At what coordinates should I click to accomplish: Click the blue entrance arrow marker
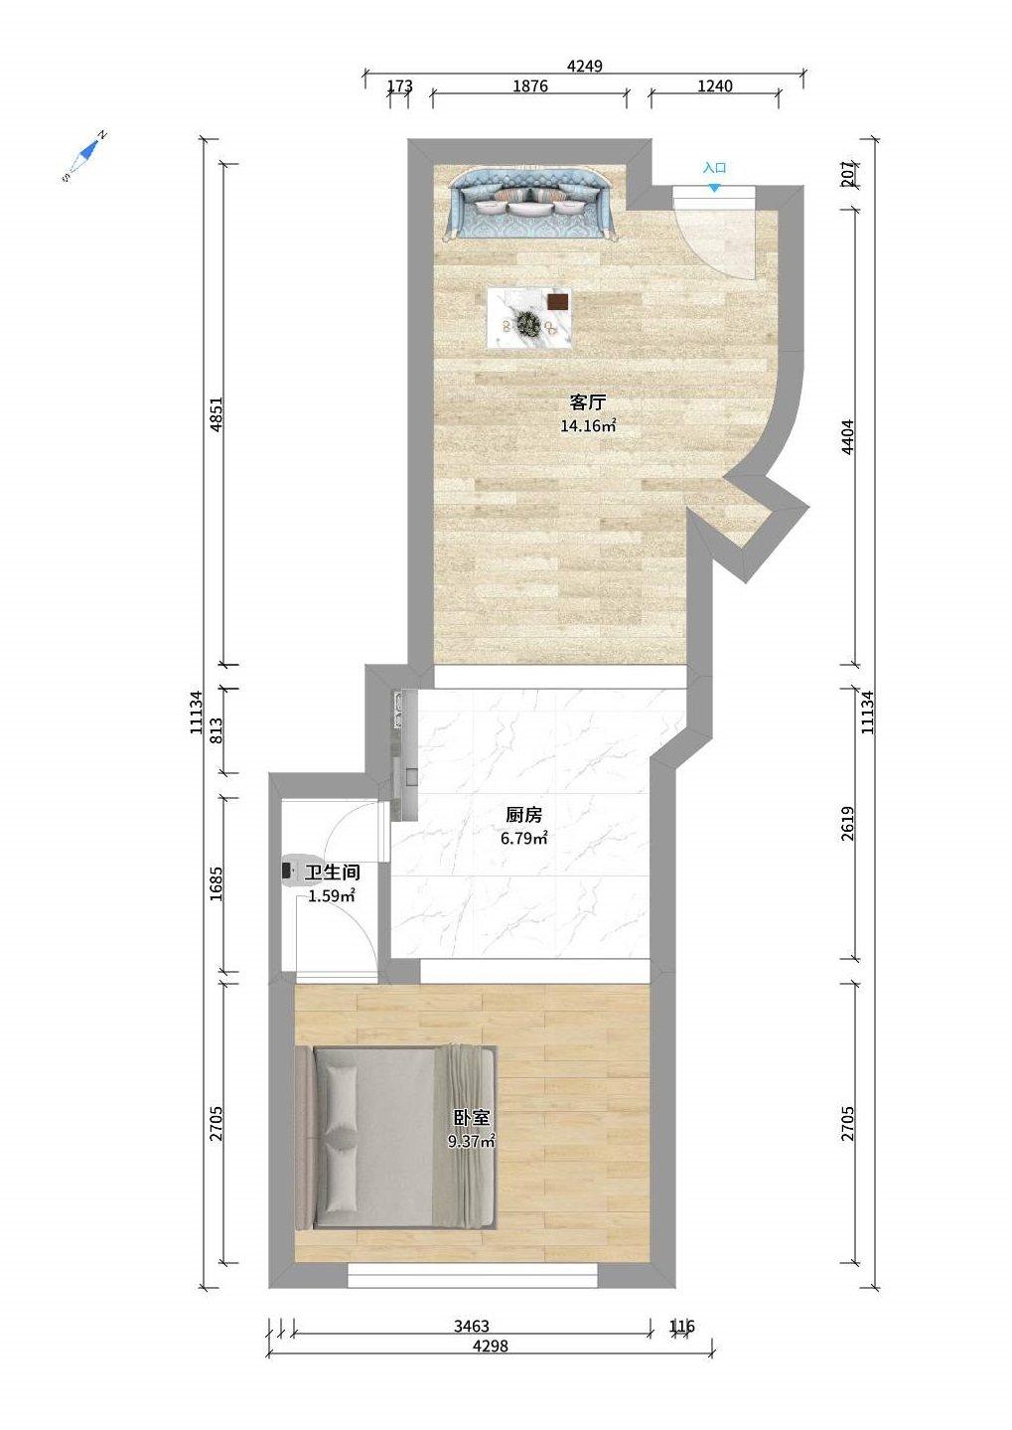tap(715, 188)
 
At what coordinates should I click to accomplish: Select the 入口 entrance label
tap(715, 169)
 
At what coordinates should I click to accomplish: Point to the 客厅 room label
tap(587, 402)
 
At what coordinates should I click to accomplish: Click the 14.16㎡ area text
tap(588, 425)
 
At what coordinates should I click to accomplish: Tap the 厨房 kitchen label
tap(523, 815)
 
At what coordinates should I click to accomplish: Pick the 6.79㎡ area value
tap(523, 838)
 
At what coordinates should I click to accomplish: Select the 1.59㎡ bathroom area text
tap(331, 896)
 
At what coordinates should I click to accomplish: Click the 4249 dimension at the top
tap(585, 66)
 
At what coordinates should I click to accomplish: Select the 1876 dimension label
tap(530, 85)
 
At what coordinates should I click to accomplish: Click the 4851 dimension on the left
tap(217, 415)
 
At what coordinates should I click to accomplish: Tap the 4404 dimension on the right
tap(847, 437)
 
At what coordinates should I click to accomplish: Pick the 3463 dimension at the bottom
tap(472, 1327)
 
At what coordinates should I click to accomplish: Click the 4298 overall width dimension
tap(491, 1346)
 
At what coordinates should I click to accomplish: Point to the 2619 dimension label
tap(847, 823)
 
